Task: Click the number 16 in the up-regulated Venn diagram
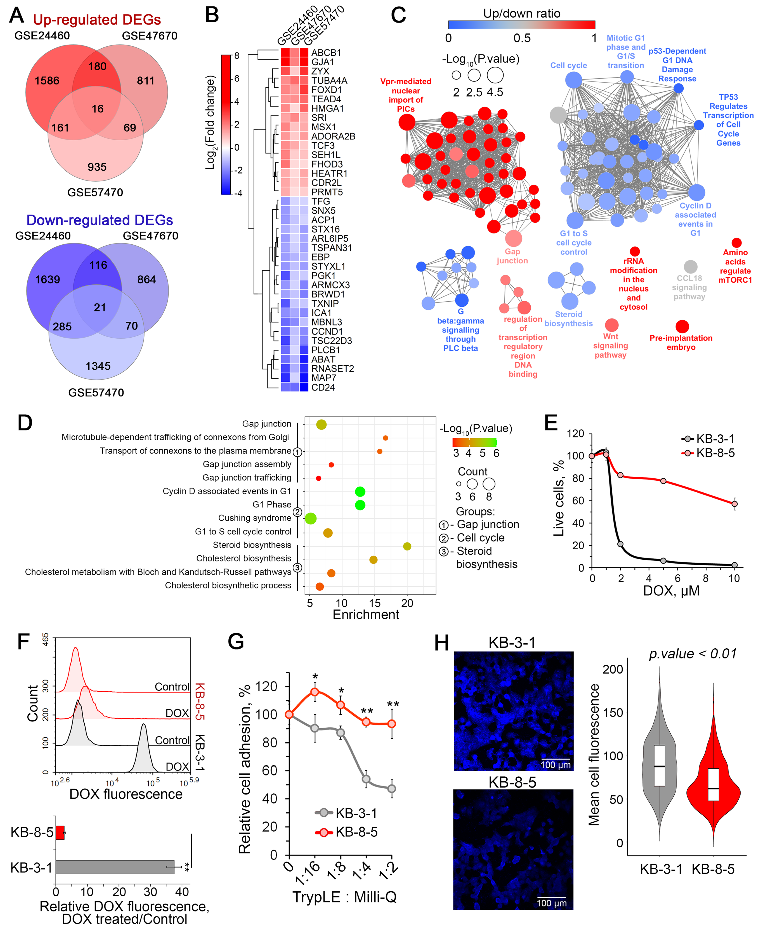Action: click(97, 109)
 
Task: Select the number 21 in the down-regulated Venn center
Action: click(100, 307)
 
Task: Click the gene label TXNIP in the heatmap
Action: click(325, 303)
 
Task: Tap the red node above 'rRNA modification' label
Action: click(634, 252)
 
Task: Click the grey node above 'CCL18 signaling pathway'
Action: click(690, 266)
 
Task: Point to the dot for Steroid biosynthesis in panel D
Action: click(407, 546)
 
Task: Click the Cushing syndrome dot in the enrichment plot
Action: click(310, 519)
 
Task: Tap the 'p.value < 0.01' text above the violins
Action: click(693, 654)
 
